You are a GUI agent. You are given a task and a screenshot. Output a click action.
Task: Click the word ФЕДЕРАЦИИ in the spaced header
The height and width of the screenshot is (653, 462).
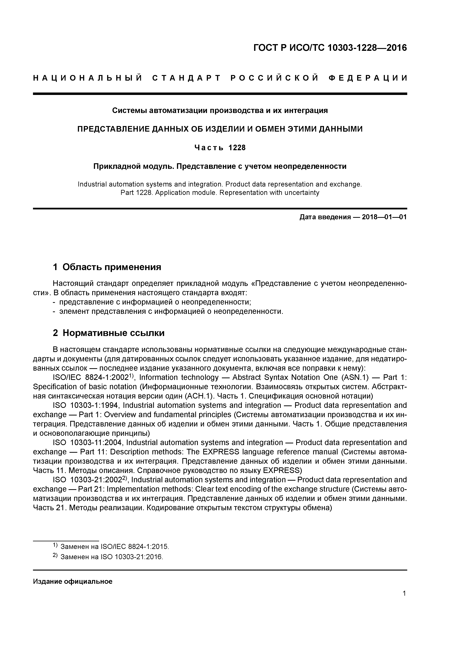click(x=368, y=78)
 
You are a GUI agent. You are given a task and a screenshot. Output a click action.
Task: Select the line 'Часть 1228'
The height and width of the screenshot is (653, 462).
click(x=220, y=148)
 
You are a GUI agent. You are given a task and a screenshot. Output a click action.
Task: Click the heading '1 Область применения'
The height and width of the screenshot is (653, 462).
click(x=107, y=267)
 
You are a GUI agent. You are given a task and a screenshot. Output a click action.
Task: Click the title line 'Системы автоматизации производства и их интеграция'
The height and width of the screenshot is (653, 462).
click(x=220, y=110)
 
